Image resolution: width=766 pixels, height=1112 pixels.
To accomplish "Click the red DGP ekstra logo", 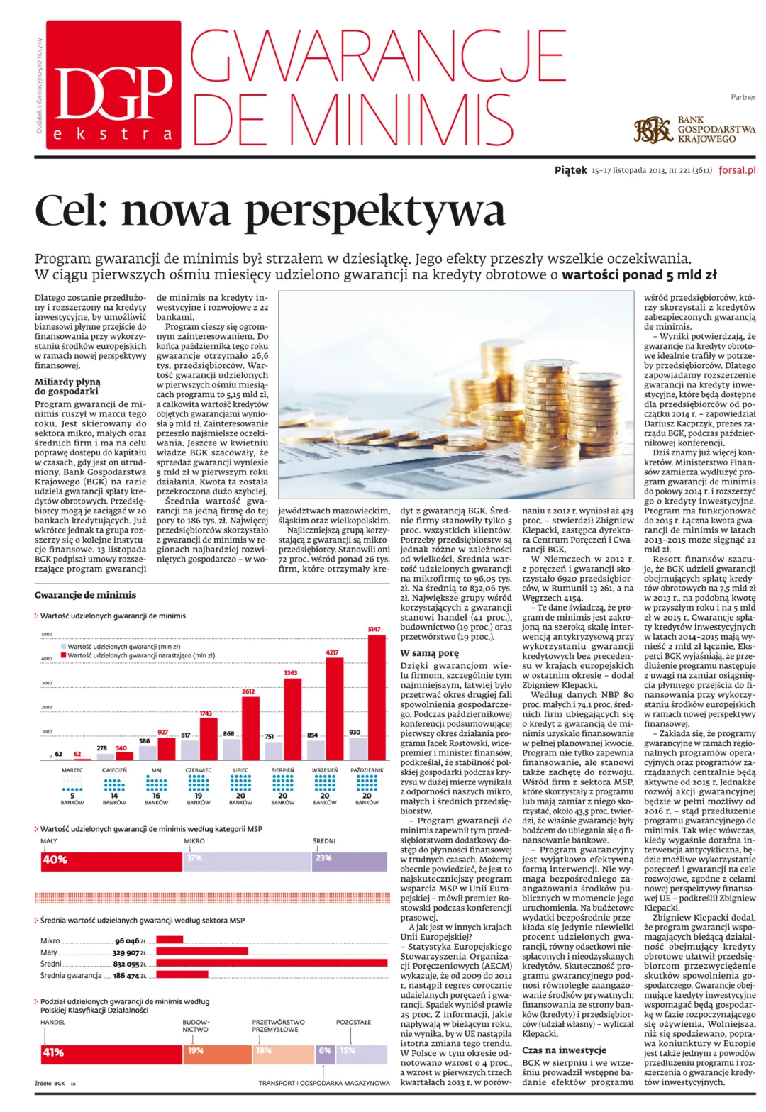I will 113,105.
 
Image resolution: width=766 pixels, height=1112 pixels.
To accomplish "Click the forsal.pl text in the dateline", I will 737,170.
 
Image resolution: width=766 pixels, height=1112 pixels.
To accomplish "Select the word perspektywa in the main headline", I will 374,211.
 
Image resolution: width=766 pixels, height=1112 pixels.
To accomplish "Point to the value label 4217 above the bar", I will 332,652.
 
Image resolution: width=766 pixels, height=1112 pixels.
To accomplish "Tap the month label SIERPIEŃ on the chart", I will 283,770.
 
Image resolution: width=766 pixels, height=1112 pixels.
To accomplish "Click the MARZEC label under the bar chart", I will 72,770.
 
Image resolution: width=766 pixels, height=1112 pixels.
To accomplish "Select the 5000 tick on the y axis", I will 47,635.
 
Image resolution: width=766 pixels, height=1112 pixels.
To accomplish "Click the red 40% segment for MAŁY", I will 111,860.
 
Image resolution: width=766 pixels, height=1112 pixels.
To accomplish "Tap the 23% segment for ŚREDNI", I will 350,860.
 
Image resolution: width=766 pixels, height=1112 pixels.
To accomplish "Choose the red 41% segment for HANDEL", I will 111,1052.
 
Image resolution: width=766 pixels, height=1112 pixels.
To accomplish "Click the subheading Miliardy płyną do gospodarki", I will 68,387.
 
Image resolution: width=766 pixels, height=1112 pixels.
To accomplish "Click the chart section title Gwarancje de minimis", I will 85,595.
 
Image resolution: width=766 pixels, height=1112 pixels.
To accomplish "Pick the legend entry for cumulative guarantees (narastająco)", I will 140,656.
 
